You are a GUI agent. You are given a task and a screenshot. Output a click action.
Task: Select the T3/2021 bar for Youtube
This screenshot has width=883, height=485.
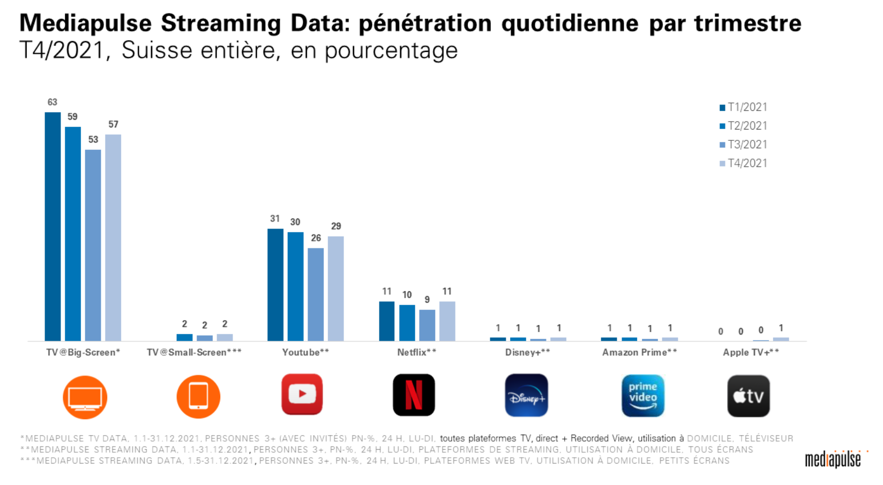pyautogui.click(x=316, y=294)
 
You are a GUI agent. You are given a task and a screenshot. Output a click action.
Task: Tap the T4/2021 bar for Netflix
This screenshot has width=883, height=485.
pyautogui.click(x=447, y=321)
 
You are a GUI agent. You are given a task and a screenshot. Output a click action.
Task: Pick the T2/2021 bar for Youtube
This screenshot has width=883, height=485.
pyautogui.click(x=295, y=286)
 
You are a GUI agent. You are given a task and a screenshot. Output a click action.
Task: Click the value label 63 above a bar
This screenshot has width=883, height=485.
pyautogui.click(x=52, y=102)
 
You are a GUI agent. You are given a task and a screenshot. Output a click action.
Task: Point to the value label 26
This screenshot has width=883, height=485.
pyautogui.click(x=316, y=238)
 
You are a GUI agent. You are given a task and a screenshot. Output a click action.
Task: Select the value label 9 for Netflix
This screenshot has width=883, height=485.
pyautogui.click(x=427, y=300)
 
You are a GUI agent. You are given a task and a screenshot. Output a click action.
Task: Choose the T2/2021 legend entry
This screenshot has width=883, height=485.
pyautogui.click(x=743, y=126)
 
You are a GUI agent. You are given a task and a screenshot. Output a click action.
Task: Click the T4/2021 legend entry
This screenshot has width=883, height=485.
pyautogui.click(x=743, y=163)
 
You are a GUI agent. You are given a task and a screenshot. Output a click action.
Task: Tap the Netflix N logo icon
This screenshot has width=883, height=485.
pyautogui.click(x=414, y=395)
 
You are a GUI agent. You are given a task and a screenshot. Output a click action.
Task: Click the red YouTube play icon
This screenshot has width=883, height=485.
pyautogui.click(x=302, y=395)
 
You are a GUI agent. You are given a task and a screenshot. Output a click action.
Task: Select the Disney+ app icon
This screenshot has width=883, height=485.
pyautogui.click(x=526, y=396)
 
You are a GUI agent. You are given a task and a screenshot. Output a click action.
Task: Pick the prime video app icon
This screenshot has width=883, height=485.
pyautogui.click(x=642, y=396)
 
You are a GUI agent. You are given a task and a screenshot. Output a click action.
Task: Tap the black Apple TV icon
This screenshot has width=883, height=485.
pyautogui.click(x=749, y=396)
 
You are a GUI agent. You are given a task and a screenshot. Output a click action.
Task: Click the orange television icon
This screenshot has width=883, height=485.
pyautogui.click(x=85, y=397)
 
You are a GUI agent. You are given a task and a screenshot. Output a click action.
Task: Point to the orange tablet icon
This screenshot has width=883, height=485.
pyautogui.click(x=198, y=397)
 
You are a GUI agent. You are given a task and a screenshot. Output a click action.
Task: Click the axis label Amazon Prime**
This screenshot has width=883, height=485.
pyautogui.click(x=639, y=352)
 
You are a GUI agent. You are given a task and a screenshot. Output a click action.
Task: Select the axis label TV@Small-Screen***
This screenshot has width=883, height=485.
pyautogui.click(x=194, y=352)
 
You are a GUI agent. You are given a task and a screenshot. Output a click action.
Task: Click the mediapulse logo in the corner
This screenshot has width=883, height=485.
pyautogui.click(x=833, y=459)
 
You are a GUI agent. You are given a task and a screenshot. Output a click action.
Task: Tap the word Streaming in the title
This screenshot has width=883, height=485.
pyautogui.click(x=221, y=24)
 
